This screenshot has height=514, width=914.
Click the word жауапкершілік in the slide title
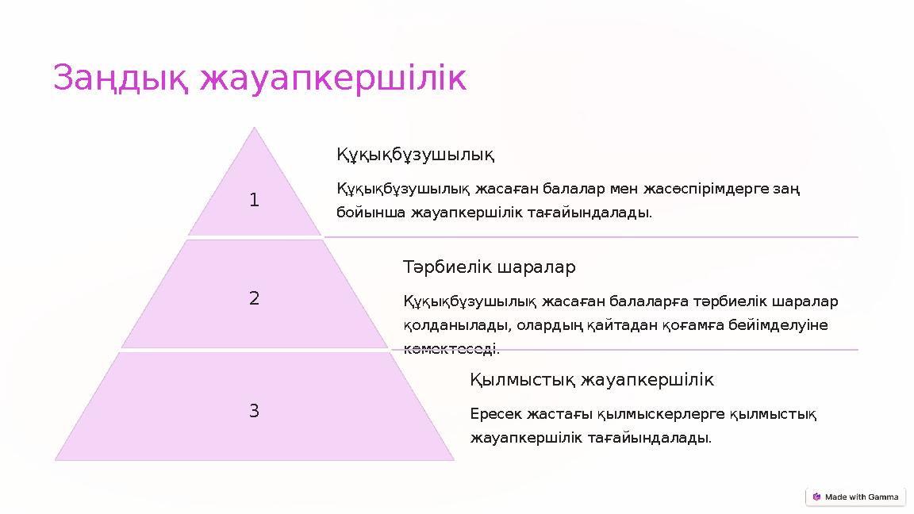333,79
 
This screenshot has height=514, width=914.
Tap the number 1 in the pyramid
254,201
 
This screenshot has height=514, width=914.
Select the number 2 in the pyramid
254,299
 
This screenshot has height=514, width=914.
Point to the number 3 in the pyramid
254,412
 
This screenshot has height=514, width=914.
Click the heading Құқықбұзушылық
416,153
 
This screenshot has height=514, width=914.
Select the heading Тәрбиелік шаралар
489,267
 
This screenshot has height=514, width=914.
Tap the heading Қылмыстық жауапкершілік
591,380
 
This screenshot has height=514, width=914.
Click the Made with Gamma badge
855,497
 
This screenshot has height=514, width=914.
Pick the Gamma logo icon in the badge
817,497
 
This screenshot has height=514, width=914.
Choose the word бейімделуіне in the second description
783,325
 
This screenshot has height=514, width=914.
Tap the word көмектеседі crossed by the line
451,349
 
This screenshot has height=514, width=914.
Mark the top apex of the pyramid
255,129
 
